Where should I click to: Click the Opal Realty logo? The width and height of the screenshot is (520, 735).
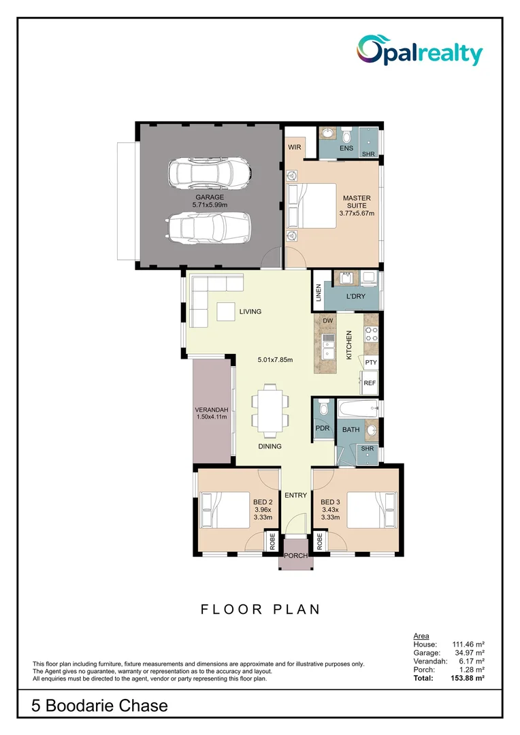(x=420, y=51)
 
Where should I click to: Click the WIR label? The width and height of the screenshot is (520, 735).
(x=295, y=147)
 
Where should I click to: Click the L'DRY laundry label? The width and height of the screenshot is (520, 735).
(x=355, y=297)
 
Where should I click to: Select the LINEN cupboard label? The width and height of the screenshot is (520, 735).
(x=318, y=293)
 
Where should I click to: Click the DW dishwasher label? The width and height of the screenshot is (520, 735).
(x=327, y=321)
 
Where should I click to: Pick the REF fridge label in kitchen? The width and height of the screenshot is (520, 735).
(x=370, y=383)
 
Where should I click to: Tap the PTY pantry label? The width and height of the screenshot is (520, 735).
(x=370, y=363)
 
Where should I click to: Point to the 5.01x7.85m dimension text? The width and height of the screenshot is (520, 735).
(x=275, y=360)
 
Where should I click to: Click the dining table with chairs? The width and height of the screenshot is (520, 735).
(x=270, y=410)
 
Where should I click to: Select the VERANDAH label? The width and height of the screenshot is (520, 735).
(x=211, y=412)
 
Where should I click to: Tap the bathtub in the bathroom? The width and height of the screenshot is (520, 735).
(x=357, y=410)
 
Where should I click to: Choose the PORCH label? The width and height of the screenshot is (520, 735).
(x=295, y=555)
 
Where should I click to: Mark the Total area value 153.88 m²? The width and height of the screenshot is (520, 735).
(x=469, y=679)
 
